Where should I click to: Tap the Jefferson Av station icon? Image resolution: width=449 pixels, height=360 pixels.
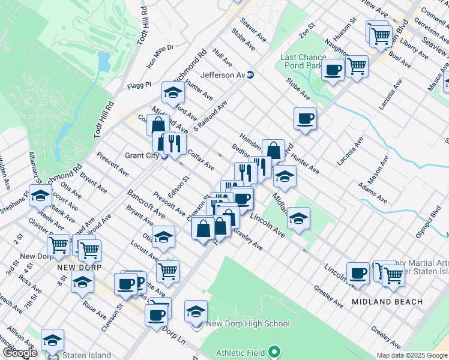250,75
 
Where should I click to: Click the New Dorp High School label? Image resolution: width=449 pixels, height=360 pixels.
248,324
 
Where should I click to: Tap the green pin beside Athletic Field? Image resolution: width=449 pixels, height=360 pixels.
274,351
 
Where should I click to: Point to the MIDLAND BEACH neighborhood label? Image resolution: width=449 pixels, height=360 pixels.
387,301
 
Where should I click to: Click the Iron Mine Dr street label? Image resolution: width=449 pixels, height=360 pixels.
160,56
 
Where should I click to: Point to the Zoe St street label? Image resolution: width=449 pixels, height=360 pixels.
307,28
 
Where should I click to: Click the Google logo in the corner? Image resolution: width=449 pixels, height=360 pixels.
20,353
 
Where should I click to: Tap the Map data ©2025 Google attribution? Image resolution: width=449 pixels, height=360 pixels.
412,355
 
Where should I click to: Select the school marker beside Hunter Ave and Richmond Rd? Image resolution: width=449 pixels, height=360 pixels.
172,92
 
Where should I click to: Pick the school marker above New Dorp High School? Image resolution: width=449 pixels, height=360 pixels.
196,311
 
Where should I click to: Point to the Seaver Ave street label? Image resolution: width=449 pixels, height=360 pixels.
253,29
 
